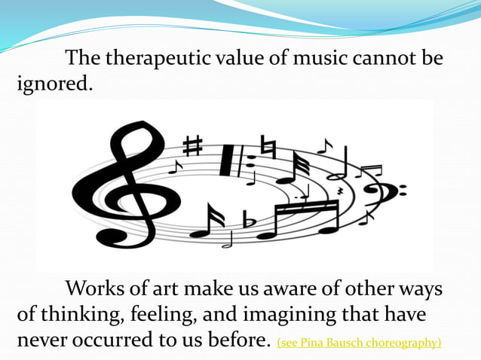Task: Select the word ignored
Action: point(55,83)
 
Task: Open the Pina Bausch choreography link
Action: point(359,343)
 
